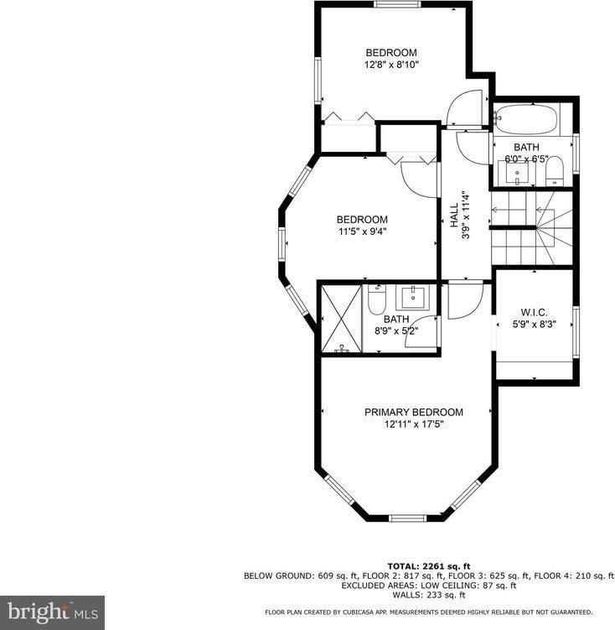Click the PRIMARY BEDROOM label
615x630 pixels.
pos(413,412)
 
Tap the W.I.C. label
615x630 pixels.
pos(534,311)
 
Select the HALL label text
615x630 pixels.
pos(453,215)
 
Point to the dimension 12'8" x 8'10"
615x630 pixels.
pos(391,64)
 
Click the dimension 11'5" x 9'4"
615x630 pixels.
pos(363,232)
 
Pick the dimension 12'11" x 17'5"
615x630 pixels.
pos(413,424)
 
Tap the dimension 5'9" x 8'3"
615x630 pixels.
pos(534,323)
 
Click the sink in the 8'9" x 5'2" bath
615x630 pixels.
pos(414,297)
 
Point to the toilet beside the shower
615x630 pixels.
pos(376,298)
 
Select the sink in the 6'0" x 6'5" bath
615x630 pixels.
pos(518,173)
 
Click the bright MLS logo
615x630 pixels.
pos(52,612)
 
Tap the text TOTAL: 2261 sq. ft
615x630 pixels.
pos(428,565)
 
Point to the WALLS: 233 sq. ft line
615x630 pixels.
pos(428,594)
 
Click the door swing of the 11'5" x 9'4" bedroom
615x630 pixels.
pos(417,176)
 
